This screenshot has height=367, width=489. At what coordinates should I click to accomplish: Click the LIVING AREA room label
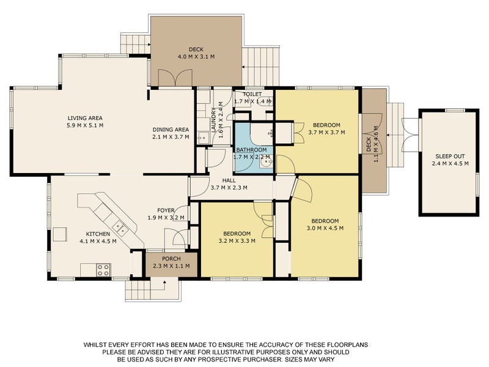(85, 118)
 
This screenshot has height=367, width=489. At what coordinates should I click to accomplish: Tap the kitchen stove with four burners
(103, 270)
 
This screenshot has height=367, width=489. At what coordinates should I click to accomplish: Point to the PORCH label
(171, 259)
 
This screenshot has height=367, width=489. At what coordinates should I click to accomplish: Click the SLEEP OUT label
(450, 157)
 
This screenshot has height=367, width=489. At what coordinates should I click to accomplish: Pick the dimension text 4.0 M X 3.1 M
(196, 57)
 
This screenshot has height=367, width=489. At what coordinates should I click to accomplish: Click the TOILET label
(252, 94)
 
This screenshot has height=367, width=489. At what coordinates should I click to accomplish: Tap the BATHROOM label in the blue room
(251, 150)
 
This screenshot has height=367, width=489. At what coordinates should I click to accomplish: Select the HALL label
(229, 180)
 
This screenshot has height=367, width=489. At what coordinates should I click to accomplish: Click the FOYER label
(166, 210)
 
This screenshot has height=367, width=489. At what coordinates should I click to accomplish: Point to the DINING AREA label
(171, 130)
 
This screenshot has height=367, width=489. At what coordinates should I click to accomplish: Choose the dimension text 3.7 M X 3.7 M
(326, 132)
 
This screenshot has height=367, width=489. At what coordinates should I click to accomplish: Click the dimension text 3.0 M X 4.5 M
(325, 228)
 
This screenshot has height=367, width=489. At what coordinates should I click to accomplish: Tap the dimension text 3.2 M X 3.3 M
(237, 241)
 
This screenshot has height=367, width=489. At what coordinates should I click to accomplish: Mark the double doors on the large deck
(175, 78)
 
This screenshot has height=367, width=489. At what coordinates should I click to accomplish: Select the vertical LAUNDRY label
(213, 120)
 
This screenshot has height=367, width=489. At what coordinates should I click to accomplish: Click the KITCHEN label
(98, 234)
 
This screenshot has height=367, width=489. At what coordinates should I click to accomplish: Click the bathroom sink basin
(266, 162)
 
